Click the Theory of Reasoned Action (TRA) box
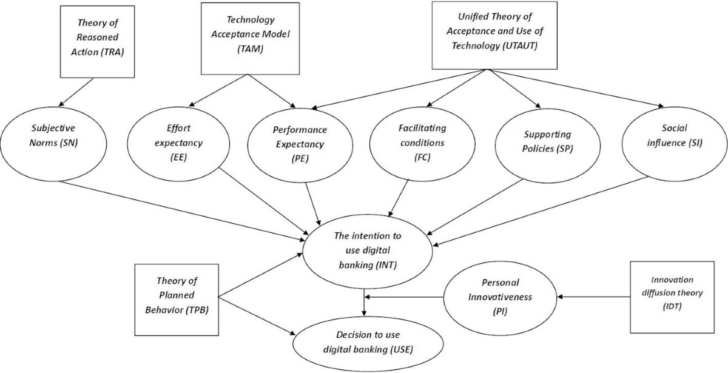97,38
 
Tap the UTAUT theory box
485,35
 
